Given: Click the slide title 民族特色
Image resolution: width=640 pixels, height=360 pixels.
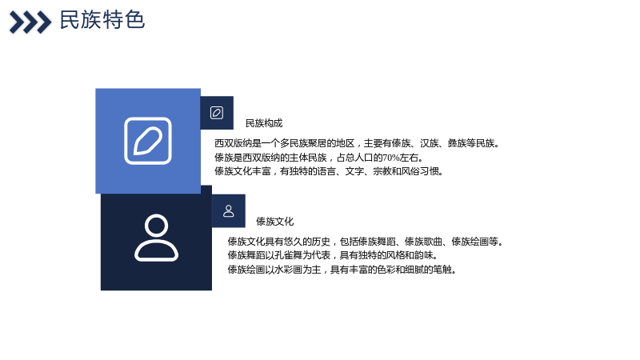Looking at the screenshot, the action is coord(102,20).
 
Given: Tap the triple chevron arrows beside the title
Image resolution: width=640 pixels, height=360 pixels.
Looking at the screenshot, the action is coord(30,22).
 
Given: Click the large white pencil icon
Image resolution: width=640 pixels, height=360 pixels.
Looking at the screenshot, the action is coord(148,141).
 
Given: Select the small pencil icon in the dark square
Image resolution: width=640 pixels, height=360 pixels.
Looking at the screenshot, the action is coord(217,113).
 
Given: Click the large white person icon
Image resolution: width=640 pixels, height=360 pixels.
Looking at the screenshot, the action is coord(156,238).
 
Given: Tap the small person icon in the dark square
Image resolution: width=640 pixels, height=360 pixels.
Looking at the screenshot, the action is coord(229,211).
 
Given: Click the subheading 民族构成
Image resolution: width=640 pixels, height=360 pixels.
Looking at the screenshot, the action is coord(264,123).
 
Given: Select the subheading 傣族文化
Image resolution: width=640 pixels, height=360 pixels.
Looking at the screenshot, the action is coord(274,222).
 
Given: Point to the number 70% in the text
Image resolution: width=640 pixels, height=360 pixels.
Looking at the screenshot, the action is coord(391,158).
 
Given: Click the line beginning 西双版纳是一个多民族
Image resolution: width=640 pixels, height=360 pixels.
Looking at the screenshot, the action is coord(357,143).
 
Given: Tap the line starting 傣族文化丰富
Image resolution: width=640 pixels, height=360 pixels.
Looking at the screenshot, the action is coord(329,171).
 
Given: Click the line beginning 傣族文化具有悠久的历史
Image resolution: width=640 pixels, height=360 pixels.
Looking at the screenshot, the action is coord(366,242).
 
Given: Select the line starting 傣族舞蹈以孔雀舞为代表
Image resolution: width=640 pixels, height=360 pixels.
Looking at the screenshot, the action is coord(333,255).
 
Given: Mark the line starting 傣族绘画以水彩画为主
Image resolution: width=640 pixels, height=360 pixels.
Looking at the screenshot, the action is coord(342,270).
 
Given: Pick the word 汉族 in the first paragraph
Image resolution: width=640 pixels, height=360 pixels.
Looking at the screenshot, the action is coord(429,143).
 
